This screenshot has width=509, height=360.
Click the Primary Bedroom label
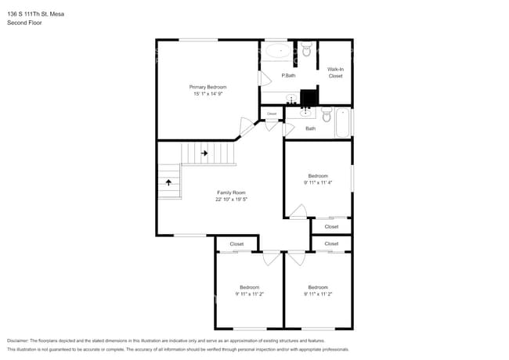coord(208,86)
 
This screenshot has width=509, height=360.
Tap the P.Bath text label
coord(288,75)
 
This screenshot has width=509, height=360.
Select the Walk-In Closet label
coord(335,73)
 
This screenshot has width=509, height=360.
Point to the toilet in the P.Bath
coord(306,52)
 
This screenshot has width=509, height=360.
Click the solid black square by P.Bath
coord(309,98)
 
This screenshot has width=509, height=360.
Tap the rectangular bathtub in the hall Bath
coord(344,123)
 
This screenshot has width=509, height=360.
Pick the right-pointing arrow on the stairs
coord(204,153)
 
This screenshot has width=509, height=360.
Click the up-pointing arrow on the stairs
coord(168,182)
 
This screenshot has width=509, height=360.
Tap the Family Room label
coord(231,193)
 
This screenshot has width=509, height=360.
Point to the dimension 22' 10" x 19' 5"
coord(231,200)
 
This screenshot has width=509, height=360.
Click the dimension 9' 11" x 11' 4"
coord(318,182)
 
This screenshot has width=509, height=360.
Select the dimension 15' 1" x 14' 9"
coord(208,93)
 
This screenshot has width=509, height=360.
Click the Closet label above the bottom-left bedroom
coord(236,244)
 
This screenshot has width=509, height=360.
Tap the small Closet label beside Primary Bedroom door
coord(272,114)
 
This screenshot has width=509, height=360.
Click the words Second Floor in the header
coord(24,23)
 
